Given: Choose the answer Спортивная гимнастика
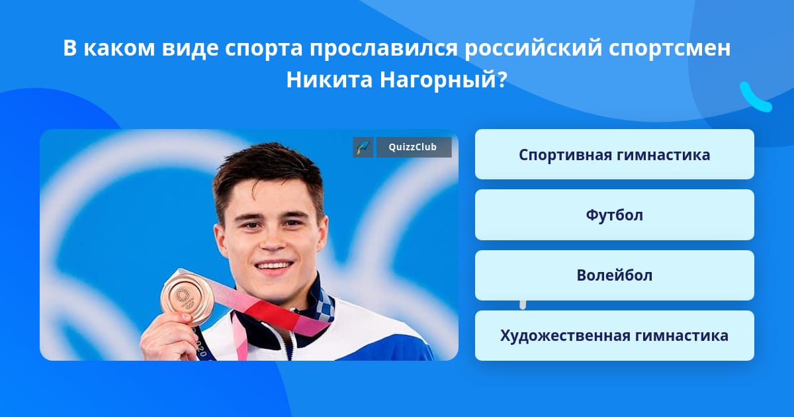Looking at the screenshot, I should [x=614, y=155].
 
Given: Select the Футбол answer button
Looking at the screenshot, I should [x=614, y=215].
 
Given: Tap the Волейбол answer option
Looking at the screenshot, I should [x=614, y=275].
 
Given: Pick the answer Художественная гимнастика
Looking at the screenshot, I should [x=614, y=336].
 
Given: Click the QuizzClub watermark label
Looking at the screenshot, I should [x=414, y=147].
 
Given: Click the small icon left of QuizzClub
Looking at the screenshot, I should [x=363, y=147].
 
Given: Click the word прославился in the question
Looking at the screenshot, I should [x=388, y=48].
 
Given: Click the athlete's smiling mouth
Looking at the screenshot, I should [x=274, y=265].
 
